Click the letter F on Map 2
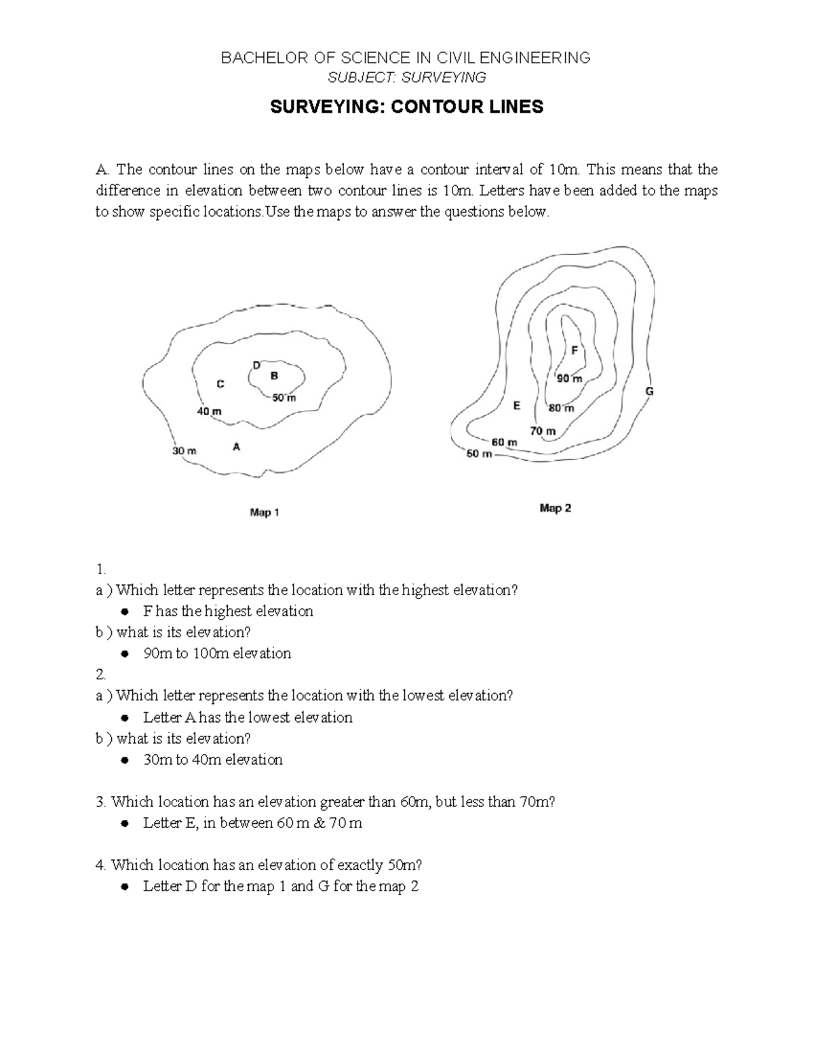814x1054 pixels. [x=575, y=351]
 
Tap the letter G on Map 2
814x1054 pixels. [x=649, y=392]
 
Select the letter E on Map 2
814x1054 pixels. [x=517, y=406]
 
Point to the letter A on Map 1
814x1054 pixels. [x=236, y=447]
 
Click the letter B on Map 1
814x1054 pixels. [x=274, y=375]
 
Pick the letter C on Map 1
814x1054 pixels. [x=220, y=384]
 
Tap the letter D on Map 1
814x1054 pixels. [x=256, y=365]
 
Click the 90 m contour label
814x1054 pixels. [x=569, y=379]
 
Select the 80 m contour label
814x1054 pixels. [x=561, y=408]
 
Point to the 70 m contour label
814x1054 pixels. [x=543, y=431]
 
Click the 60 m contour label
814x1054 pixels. [x=504, y=442]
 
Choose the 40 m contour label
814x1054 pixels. [x=209, y=411]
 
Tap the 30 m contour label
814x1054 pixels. [x=185, y=451]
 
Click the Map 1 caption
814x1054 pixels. [x=265, y=513]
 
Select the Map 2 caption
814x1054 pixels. [x=555, y=508]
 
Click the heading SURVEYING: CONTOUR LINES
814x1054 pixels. [x=407, y=107]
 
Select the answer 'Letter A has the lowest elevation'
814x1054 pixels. [x=248, y=717]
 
